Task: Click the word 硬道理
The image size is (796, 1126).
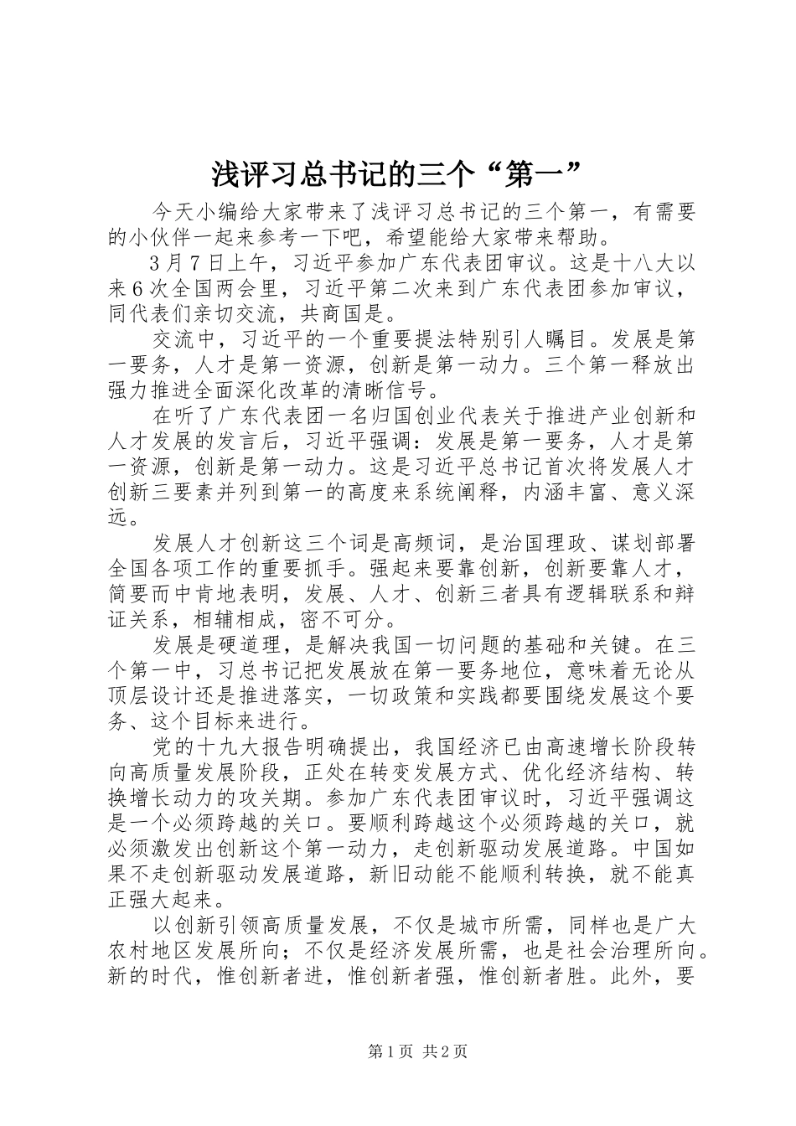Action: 251,645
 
